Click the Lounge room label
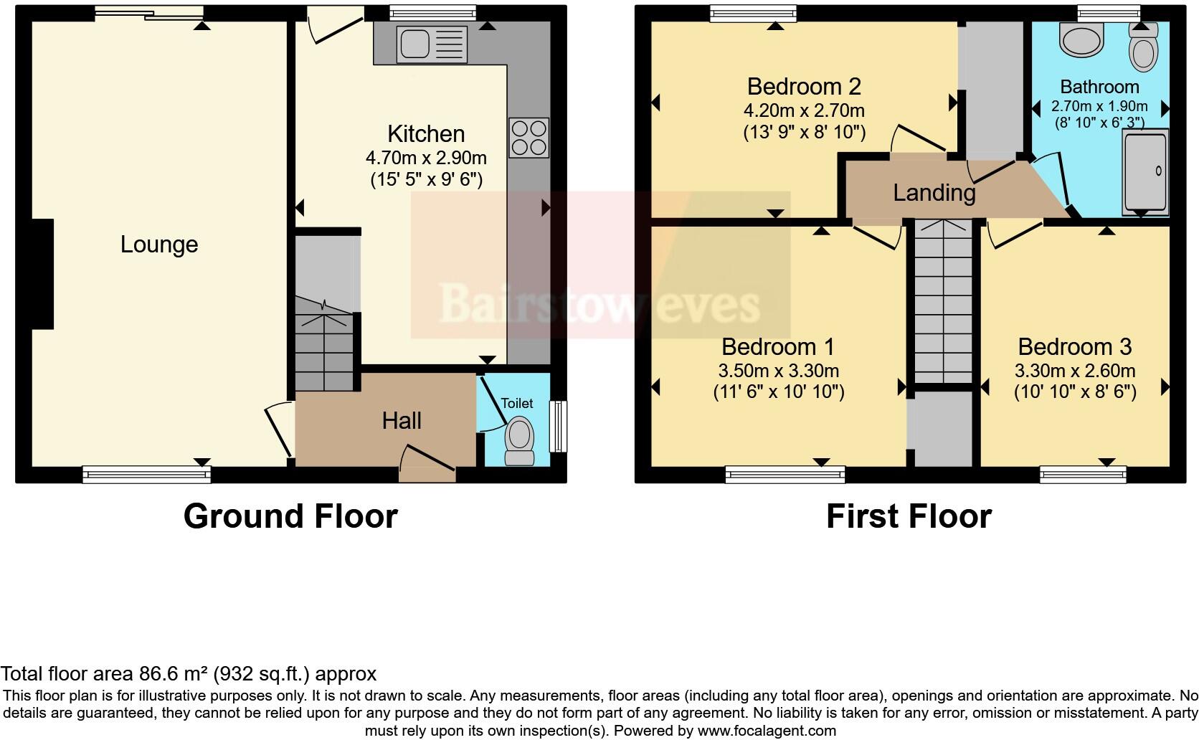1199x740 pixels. point(158,245)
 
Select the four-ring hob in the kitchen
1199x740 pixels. point(529,137)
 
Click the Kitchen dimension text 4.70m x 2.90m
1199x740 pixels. point(426,158)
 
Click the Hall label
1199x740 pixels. point(402,421)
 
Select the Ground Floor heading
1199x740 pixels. point(290,516)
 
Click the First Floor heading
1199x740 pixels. point(909,516)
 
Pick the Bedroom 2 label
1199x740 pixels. point(804,87)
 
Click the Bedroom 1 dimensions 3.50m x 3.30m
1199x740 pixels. point(778,371)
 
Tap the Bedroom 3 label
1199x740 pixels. point(1074,347)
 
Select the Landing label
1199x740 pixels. point(934,192)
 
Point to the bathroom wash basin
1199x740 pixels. point(1081,41)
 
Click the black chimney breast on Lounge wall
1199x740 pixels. point(42,274)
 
